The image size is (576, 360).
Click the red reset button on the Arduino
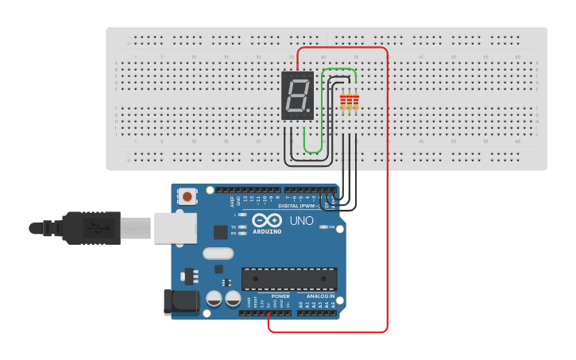tap(187, 195)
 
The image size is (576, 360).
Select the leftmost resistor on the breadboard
tap(343, 102)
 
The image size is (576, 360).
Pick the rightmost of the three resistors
tap(356, 102)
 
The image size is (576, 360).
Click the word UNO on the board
tap(300, 220)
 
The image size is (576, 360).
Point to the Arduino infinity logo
tap(267, 220)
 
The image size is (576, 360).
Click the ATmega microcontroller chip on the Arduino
tap(289, 279)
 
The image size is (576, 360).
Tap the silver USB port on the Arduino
tap(175, 227)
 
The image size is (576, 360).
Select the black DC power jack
tap(181, 301)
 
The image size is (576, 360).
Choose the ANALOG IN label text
tap(320, 296)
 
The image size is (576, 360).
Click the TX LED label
tap(234, 227)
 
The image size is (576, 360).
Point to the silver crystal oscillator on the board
tap(218, 254)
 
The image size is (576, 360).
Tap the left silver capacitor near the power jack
tap(214, 299)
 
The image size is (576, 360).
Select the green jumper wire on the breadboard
tap(322, 111)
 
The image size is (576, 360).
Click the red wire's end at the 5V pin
tap(269, 315)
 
